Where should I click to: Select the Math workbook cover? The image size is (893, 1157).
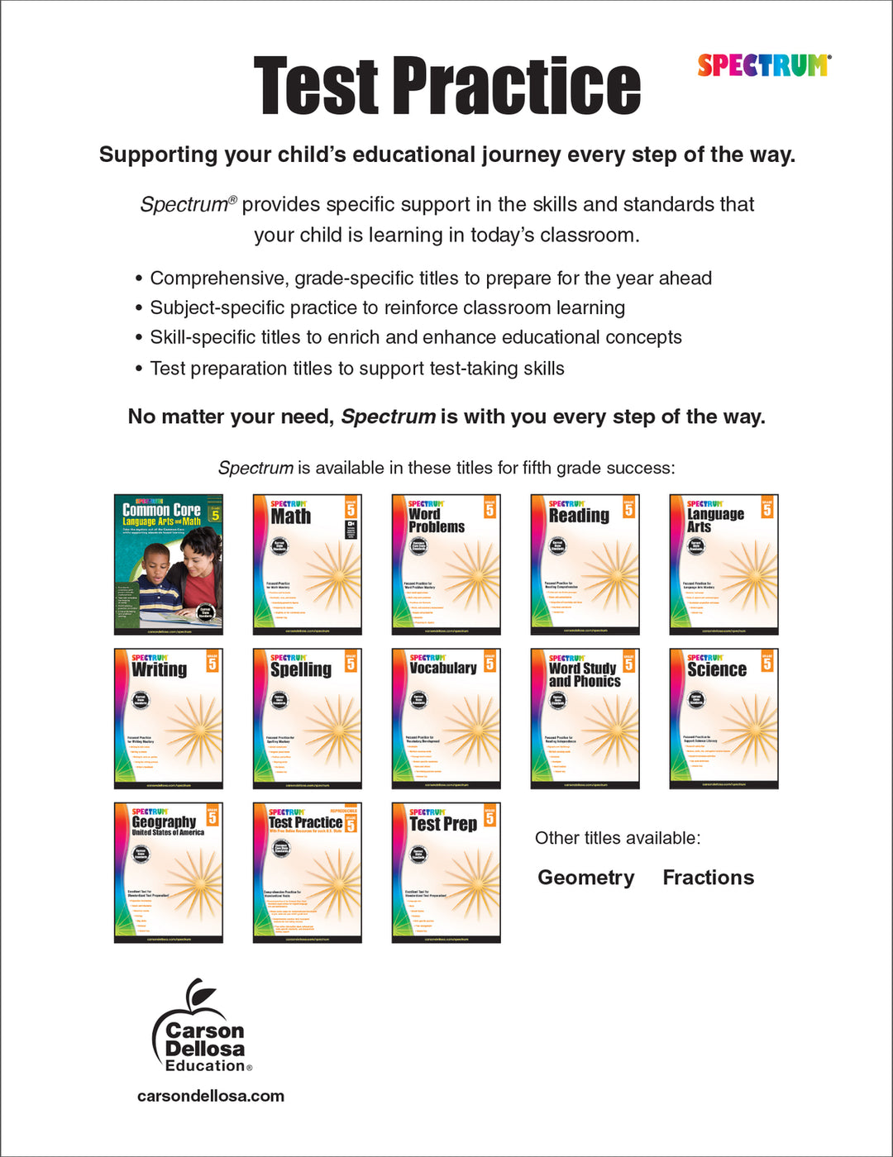(307, 564)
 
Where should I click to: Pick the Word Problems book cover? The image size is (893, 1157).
(446, 564)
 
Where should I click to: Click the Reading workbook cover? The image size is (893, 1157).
(585, 564)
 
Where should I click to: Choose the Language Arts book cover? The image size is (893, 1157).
(723, 564)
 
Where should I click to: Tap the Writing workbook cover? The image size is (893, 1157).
(169, 718)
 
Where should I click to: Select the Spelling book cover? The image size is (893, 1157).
(307, 718)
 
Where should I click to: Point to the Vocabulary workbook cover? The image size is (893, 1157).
(446, 718)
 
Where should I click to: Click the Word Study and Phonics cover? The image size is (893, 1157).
(585, 718)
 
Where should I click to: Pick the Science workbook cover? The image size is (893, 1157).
(723, 718)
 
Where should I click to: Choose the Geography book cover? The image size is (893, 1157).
(169, 872)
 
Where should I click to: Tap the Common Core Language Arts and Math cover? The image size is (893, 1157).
(169, 564)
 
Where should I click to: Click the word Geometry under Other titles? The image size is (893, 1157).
(585, 878)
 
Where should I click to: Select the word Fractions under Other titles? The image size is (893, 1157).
(708, 878)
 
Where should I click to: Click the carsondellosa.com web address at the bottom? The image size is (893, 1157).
(211, 1096)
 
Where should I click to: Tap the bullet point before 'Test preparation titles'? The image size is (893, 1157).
(139, 369)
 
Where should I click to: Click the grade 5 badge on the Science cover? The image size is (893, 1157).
(767, 663)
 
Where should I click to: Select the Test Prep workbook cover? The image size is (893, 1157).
(446, 872)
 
